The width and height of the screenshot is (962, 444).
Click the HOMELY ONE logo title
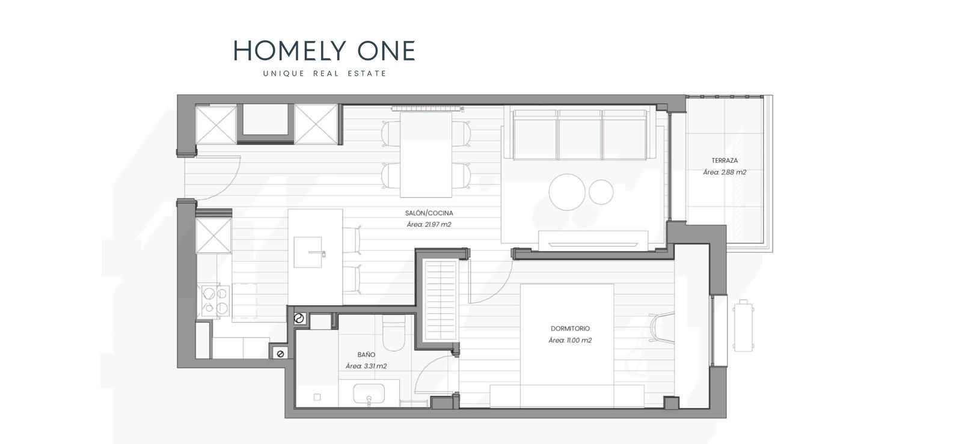324,50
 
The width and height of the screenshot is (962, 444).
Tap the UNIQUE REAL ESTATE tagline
325,73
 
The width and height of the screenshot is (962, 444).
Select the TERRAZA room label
725,160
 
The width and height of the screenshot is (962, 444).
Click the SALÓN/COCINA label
429,213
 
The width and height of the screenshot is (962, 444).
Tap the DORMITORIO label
571,329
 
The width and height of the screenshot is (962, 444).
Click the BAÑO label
366,354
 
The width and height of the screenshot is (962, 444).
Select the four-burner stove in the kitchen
215,301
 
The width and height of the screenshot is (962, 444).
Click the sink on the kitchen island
308,252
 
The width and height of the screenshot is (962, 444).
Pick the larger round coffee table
567,192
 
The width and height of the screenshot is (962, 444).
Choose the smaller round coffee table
601,192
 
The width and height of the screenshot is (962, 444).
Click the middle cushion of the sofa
580,134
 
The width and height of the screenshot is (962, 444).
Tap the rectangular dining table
426,154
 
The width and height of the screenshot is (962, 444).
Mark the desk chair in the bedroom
661,328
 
